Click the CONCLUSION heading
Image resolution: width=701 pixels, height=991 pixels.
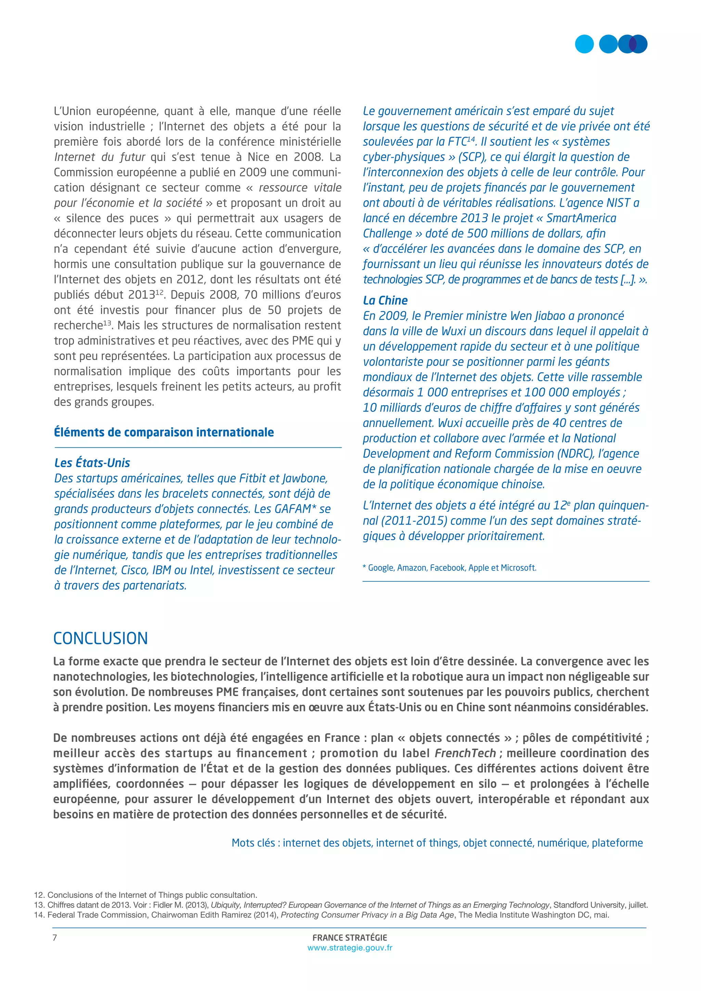click(x=100, y=638)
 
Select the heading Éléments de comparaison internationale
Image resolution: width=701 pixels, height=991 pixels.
click(x=164, y=432)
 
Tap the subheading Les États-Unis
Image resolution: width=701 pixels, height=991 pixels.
click(x=92, y=463)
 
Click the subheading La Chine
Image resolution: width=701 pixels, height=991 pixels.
click(x=385, y=300)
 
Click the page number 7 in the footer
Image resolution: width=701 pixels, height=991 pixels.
click(x=54, y=938)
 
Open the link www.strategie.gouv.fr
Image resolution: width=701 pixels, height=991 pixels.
click(x=349, y=948)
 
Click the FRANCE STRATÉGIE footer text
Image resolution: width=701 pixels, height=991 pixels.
click(x=349, y=938)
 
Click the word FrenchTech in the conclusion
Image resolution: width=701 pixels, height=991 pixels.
click(x=465, y=753)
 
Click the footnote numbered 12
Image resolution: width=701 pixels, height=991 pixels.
click(x=145, y=895)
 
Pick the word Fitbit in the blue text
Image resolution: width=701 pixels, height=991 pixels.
click(x=251, y=478)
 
